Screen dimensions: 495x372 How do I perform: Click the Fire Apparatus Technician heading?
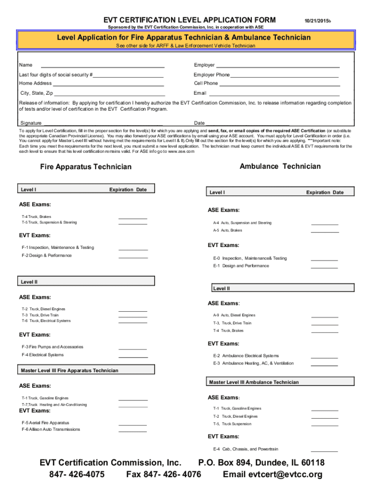tap(86, 167)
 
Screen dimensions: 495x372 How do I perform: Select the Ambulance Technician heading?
tap(280, 166)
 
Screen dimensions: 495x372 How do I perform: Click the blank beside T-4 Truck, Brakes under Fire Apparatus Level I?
tap(133, 218)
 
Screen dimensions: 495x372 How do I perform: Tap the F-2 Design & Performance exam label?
tap(46, 255)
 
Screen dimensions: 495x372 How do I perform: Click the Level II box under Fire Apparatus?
tap(86, 281)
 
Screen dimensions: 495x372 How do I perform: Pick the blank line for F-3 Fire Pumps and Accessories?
tap(133, 348)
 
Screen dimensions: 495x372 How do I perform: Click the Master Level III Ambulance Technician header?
tap(254, 382)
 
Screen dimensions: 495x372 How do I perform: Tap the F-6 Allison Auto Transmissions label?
tap(51, 429)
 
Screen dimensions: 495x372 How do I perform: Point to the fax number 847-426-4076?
tap(164, 474)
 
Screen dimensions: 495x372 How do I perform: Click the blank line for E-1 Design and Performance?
tap(325, 267)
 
